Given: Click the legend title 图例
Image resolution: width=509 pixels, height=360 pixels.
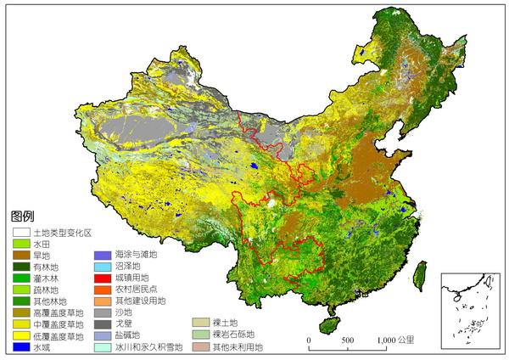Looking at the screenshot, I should [22, 217].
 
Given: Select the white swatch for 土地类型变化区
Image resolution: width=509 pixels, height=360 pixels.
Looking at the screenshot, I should [21, 232].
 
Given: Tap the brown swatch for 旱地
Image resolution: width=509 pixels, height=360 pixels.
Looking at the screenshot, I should [21, 255].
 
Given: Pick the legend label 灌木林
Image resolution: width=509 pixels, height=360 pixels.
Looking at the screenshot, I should [48, 278].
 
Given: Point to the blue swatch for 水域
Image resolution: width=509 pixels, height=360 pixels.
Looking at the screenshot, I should [21, 346].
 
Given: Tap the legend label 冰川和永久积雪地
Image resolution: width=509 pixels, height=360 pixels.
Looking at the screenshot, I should [148, 347].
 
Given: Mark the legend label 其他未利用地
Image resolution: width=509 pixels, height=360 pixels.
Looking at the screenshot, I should [237, 347].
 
